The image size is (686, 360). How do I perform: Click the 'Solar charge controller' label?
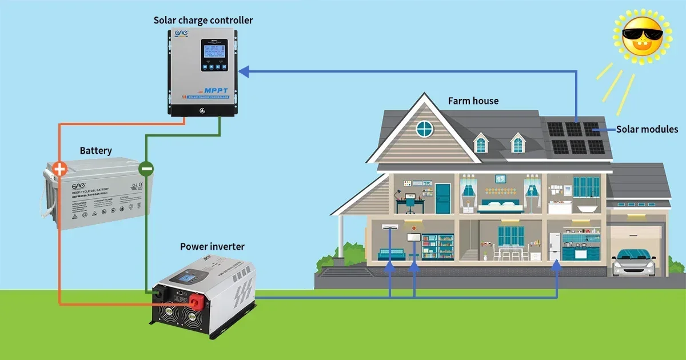203,21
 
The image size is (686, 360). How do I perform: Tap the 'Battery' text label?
95,151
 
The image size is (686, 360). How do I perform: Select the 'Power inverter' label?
212,247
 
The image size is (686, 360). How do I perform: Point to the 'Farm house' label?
473,101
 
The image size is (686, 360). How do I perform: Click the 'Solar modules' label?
647,130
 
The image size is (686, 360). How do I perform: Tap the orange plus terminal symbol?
59,169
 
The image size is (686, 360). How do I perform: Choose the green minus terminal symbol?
146,169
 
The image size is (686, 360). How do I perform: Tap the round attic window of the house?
424,128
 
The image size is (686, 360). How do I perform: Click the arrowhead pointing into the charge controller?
244,71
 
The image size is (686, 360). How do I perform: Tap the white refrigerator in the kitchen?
554,246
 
